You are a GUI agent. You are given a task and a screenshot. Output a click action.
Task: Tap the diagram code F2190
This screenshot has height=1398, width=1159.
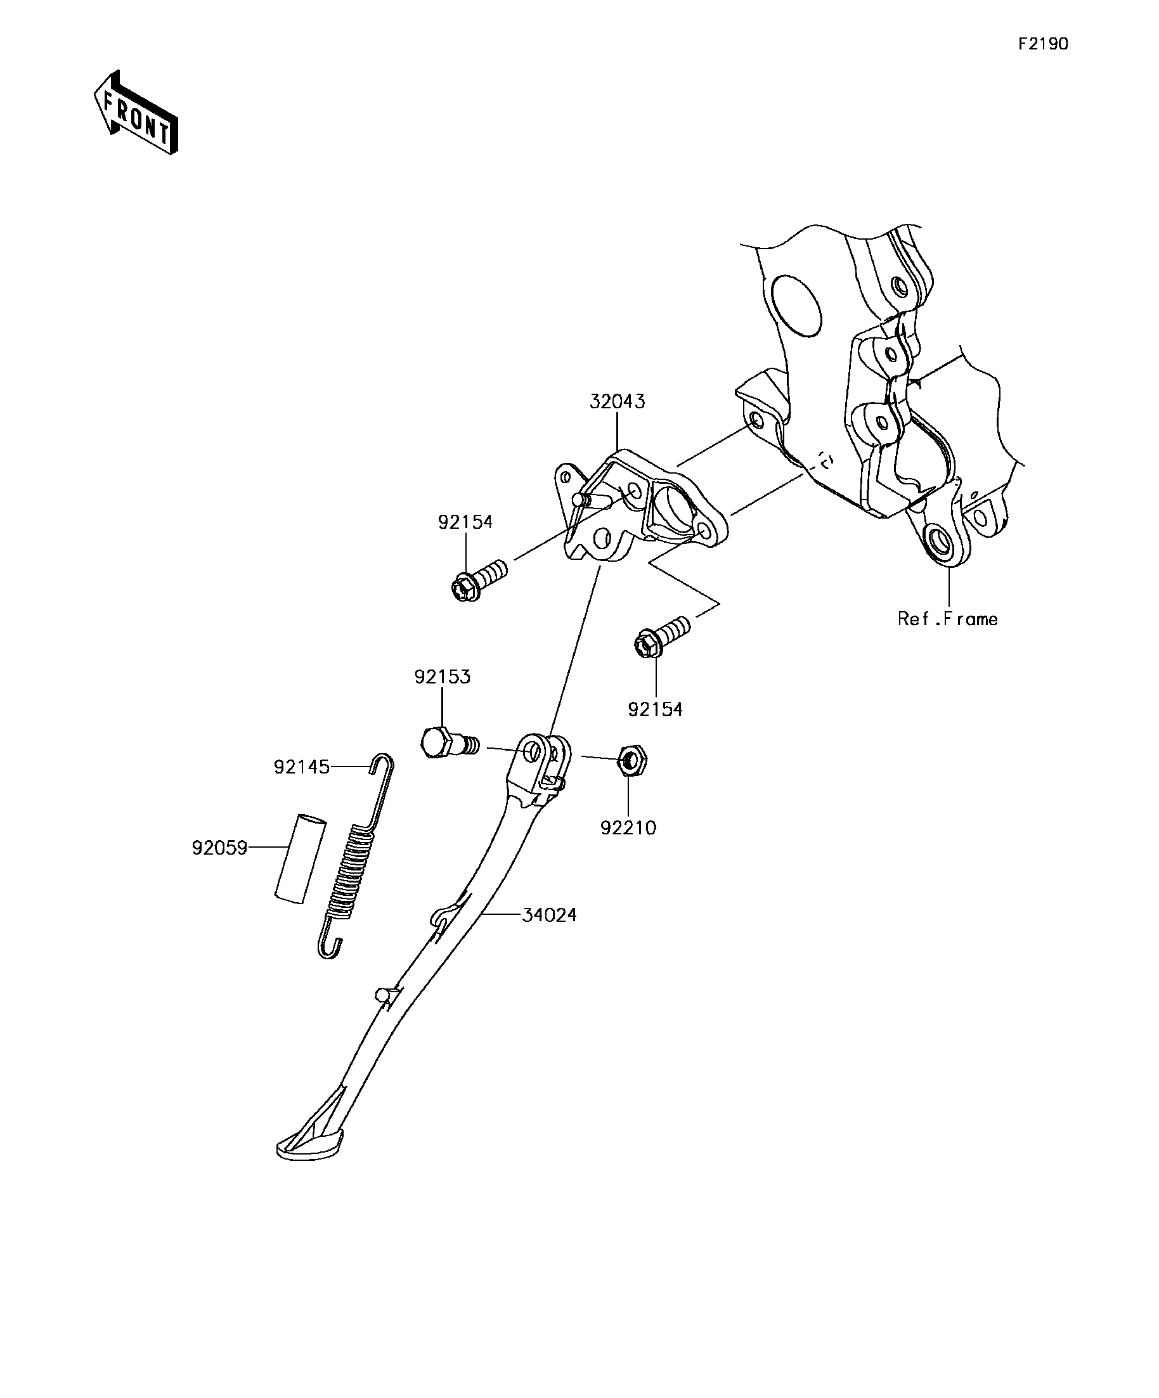coord(1043,44)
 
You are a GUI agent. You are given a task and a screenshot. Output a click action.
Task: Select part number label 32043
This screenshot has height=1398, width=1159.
coord(617,401)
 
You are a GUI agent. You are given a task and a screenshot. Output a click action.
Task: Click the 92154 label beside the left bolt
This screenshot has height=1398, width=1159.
coord(465,522)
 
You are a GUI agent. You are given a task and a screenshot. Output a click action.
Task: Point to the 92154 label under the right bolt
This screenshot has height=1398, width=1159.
coord(656,709)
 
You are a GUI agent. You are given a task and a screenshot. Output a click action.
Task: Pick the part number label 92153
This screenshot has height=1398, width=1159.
coord(442,676)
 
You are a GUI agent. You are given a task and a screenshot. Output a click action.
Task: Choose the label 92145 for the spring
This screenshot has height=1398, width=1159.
coord(302,767)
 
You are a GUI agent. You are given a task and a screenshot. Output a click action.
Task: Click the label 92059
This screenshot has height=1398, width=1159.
coord(219,848)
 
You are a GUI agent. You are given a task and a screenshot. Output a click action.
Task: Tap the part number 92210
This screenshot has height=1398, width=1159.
coord(628,827)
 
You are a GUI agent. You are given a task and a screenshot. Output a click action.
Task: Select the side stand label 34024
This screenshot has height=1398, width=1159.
coord(549,915)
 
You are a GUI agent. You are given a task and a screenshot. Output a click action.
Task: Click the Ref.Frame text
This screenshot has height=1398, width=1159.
coord(947,619)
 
